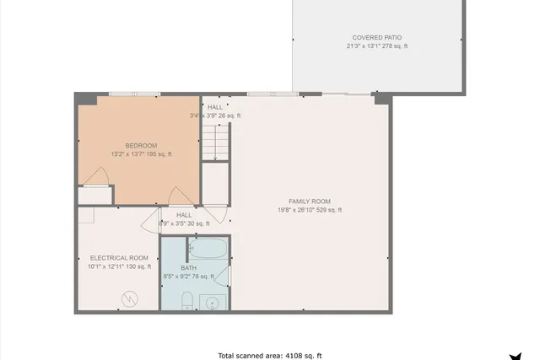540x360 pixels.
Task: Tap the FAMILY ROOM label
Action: click(310, 201)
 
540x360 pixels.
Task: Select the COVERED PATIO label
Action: click(376, 38)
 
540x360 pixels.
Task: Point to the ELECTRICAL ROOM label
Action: click(119, 257)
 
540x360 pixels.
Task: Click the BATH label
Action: click(188, 267)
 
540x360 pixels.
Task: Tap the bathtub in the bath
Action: click(208, 249)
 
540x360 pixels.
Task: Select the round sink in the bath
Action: click(213, 303)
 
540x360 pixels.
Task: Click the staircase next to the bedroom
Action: click(216, 141)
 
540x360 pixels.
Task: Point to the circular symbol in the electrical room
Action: click(130, 298)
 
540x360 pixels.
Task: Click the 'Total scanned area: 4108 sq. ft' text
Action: click(270, 355)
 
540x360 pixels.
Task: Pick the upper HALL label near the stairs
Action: click(215, 107)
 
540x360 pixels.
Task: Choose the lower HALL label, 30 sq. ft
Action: click(184, 215)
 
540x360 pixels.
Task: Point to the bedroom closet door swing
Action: click(99, 177)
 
